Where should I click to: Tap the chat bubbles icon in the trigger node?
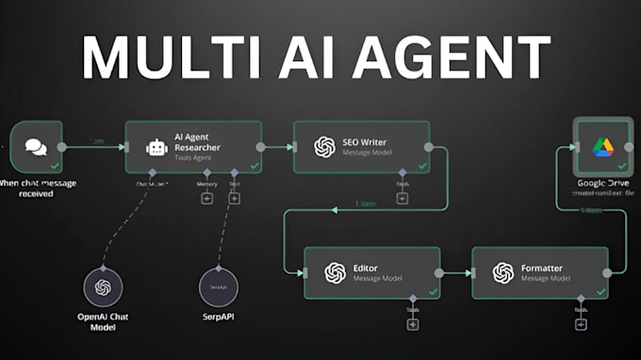click(36, 147)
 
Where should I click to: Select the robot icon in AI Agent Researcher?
click(156, 147)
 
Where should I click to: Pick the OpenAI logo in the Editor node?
click(334, 272)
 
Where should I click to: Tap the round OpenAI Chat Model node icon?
click(104, 286)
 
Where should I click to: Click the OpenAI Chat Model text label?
click(104, 322)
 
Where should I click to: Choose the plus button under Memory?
click(206, 198)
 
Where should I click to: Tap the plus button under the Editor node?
click(412, 324)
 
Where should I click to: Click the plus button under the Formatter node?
click(579, 324)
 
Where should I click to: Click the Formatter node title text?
click(542, 268)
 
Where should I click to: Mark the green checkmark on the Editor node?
click(432, 292)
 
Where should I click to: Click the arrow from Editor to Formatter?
click(456, 272)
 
